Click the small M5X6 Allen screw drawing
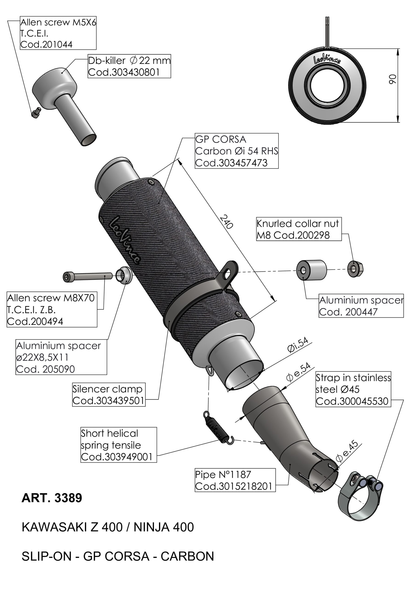coord(36,113)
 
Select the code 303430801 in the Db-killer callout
coord(124,72)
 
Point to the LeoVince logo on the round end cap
coord(327,60)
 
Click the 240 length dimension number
coord(227,221)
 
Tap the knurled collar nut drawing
coord(355,269)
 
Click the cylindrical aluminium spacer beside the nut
coord(311,270)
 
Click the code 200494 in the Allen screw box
coord(35,321)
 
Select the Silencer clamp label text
coord(107,389)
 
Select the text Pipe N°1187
coord(223,475)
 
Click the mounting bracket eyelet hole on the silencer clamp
coord(227,276)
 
